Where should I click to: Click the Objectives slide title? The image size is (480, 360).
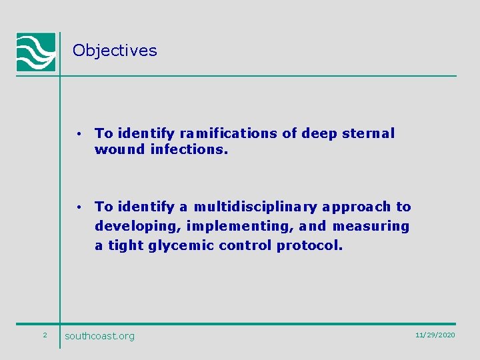pos(115,51)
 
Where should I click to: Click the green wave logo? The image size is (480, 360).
pos(36,51)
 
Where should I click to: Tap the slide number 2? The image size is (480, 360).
pos(45,335)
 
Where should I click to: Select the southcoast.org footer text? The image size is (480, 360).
pos(99,336)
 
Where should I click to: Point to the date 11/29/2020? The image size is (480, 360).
pos(435,335)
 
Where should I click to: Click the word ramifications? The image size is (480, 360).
pos(229,133)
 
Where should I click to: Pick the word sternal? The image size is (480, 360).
pos(368,133)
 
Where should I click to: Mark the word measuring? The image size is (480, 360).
pos(371,227)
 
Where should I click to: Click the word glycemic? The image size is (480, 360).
pos(179,246)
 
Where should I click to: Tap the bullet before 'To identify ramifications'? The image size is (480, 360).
pos(79,134)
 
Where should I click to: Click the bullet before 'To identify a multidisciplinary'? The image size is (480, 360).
pos(79,207)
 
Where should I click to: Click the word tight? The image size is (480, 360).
pos(125,246)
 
